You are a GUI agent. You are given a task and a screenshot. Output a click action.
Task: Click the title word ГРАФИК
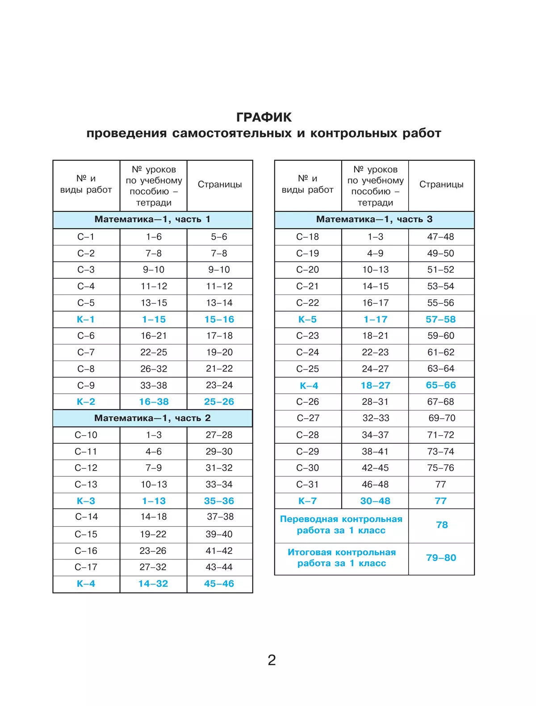coord(264,117)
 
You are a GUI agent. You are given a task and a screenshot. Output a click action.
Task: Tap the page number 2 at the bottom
coord(272,660)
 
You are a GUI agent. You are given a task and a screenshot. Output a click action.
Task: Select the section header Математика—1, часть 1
coord(152,219)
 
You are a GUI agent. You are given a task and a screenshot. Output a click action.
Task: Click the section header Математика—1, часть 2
coord(152,418)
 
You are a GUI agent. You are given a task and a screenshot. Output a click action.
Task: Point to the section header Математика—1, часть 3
coord(374,219)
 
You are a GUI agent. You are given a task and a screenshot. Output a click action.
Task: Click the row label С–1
coord(86,237)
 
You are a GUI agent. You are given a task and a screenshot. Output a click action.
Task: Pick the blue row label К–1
coord(86,319)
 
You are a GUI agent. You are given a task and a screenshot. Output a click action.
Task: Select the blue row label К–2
coord(86,402)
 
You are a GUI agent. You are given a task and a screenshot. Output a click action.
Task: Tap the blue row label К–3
coord(86,501)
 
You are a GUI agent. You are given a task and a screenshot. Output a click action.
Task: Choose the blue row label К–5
coord(308,319)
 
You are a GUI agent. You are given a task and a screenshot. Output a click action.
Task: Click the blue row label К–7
coord(308,501)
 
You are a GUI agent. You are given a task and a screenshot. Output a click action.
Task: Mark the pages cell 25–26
coord(219,402)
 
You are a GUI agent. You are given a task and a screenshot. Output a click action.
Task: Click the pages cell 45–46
coord(219,584)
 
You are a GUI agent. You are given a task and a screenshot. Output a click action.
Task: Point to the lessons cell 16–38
coord(154,402)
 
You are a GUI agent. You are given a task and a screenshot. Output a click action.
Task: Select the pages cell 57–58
coord(441,319)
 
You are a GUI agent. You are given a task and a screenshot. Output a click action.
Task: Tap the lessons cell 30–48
coord(375,501)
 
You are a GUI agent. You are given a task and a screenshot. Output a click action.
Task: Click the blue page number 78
coord(442,525)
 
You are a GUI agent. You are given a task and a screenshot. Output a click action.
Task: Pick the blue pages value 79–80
coord(441,558)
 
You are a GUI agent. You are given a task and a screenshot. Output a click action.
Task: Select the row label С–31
coord(308,484)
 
